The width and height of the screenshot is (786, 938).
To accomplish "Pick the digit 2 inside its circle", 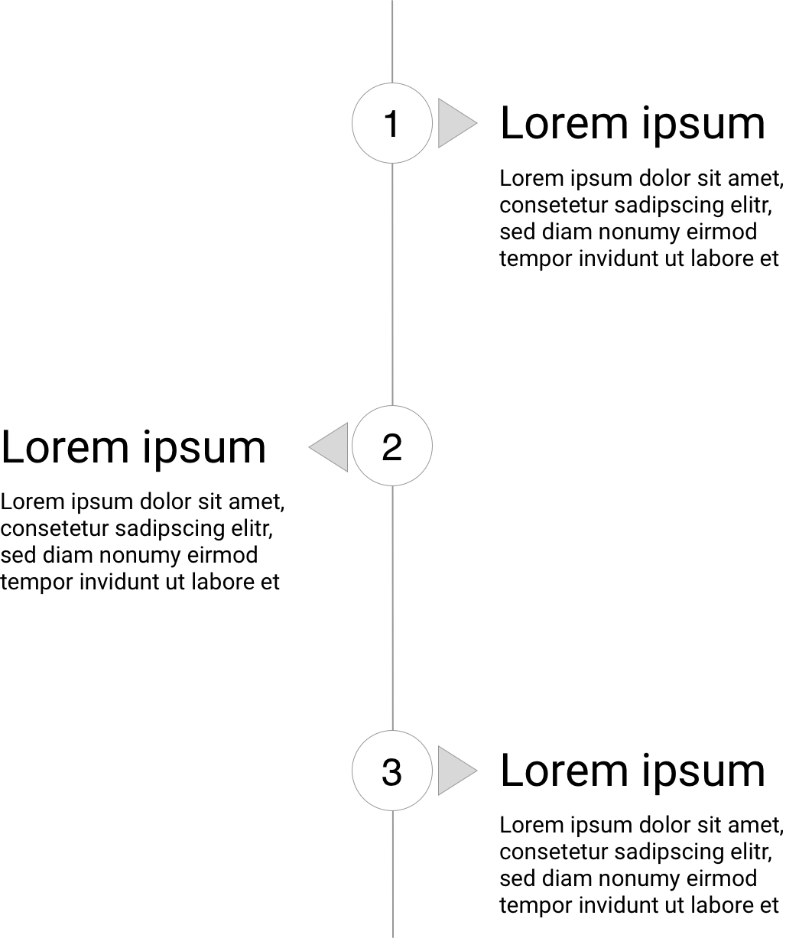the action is pyautogui.click(x=391, y=447).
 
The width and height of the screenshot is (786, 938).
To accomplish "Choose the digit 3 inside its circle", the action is pyautogui.click(x=391, y=772).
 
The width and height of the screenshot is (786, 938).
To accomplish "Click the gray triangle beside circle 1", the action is pyautogui.click(x=452, y=122).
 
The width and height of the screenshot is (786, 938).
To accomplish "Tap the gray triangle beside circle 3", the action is pyautogui.click(x=452, y=771).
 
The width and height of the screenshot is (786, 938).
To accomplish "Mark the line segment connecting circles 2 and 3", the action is pyautogui.click(x=392, y=608).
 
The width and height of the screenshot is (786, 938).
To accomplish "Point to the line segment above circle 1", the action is pyautogui.click(x=392, y=41).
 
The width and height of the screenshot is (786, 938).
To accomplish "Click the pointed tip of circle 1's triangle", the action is pyautogui.click(x=477, y=122).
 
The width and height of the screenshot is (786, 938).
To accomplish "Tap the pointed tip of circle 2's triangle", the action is pyautogui.click(x=308, y=446).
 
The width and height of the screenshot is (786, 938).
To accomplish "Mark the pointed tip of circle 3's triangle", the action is pyautogui.click(x=477, y=771).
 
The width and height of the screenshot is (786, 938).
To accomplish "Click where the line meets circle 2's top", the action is pyautogui.click(x=392, y=407).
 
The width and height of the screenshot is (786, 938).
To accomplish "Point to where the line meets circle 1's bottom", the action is pyautogui.click(x=392, y=163).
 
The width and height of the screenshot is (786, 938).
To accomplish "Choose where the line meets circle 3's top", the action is pyautogui.click(x=392, y=731).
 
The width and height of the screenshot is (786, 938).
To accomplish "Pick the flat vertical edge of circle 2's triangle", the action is pyautogui.click(x=347, y=446).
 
